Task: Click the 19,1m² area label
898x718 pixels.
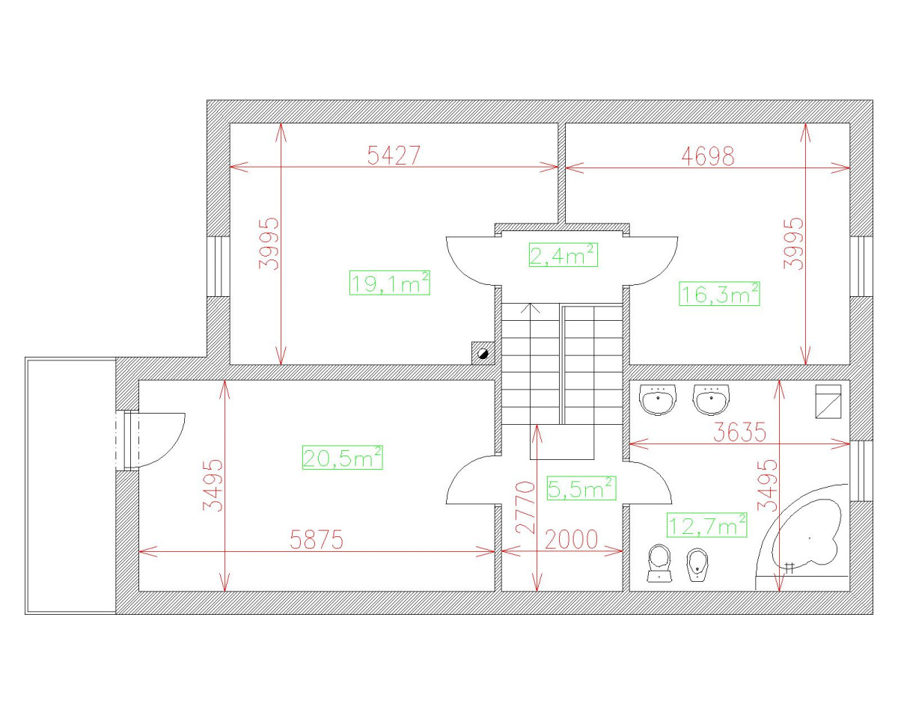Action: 389,283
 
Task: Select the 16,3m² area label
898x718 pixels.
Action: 719,294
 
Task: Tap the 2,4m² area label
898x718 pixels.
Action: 563,255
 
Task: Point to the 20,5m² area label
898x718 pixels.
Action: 342,457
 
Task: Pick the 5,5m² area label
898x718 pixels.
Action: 581,489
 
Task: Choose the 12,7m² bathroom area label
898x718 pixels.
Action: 707,525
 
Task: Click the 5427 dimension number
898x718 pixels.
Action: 394,155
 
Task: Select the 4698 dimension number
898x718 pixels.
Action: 708,156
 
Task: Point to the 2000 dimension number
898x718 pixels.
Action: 572,540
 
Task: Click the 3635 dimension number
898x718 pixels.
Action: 741,432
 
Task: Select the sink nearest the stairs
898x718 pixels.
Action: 659,399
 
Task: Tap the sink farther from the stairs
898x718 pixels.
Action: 710,399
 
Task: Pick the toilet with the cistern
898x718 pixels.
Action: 659,562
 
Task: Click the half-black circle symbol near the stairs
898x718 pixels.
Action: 483,352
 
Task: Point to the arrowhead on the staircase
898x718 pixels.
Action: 531,306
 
